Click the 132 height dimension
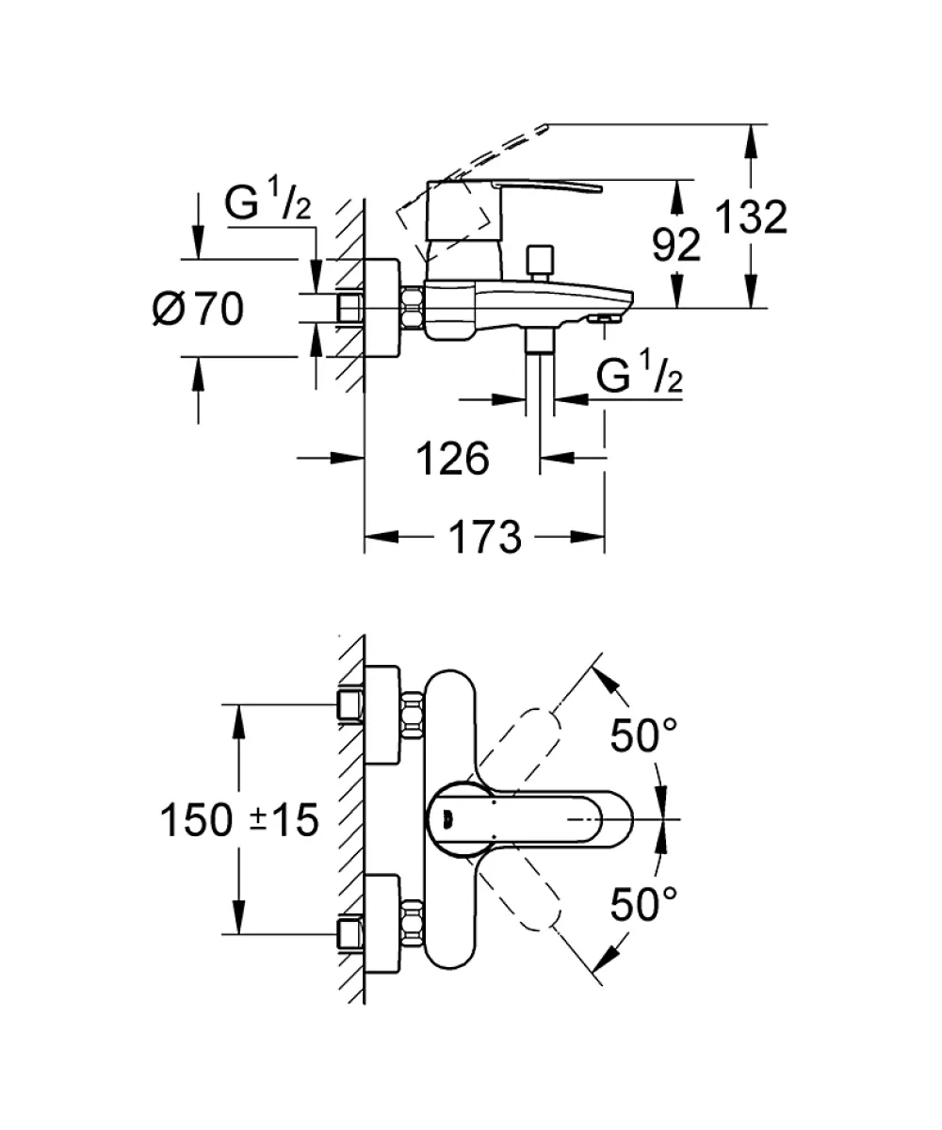[x=751, y=217]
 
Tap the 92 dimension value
[x=676, y=245]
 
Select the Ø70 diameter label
[x=198, y=309]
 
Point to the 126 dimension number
[x=452, y=459]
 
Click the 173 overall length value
[x=485, y=538]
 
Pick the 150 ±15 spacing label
[x=239, y=820]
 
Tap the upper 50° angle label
[x=643, y=735]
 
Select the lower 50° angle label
[x=643, y=904]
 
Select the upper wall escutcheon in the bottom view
[x=383, y=715]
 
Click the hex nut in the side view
[x=414, y=309]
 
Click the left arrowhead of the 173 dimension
[x=382, y=537]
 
